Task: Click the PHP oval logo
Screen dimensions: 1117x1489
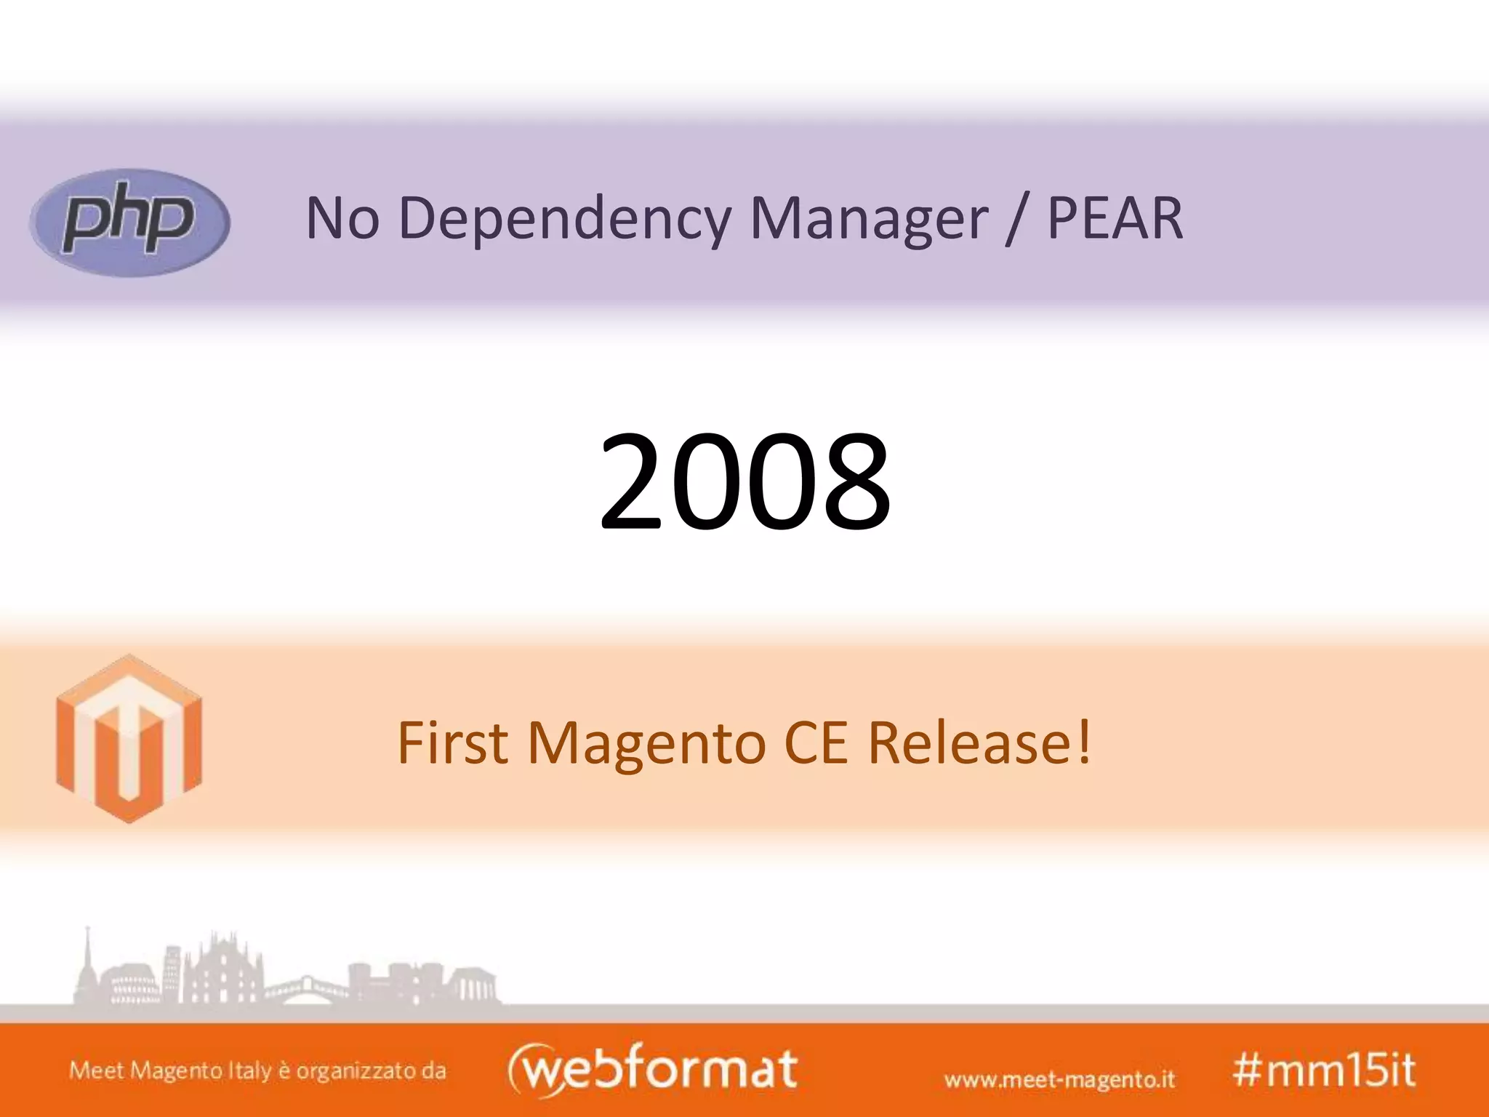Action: pos(129,223)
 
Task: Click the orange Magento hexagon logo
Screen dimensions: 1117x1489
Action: pos(129,739)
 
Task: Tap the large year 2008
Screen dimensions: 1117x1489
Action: pos(744,481)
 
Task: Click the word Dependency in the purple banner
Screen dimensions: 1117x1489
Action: pos(564,218)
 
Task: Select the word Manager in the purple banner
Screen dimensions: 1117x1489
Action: pos(868,218)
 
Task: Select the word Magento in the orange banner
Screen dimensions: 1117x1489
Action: pos(647,743)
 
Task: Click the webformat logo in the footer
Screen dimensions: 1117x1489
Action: pos(652,1069)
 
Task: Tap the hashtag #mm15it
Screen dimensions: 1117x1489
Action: pos(1323,1070)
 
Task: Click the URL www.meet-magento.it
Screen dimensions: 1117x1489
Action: pos(1059,1078)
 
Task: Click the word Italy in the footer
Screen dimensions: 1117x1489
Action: pos(250,1071)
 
